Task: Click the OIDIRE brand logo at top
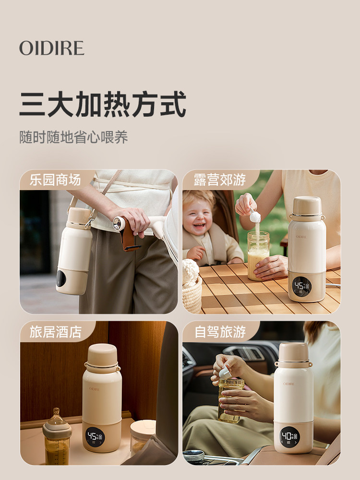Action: pyautogui.click(x=52, y=48)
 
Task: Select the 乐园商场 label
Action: pyautogui.click(x=55, y=180)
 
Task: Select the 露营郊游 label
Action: pyautogui.click(x=220, y=180)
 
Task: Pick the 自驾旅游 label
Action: pyautogui.click(x=220, y=332)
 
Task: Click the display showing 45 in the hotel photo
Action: pyautogui.click(x=94, y=436)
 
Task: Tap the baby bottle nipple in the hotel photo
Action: pyautogui.click(x=57, y=415)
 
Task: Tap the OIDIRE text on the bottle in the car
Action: pyautogui.click(x=288, y=384)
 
